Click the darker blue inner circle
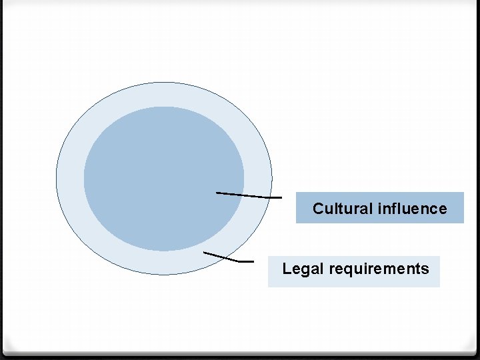(163, 179)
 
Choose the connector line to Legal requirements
(223, 257)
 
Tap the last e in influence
(443, 209)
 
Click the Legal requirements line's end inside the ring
(204, 253)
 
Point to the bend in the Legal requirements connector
(241, 261)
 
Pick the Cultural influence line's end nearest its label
(281, 198)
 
